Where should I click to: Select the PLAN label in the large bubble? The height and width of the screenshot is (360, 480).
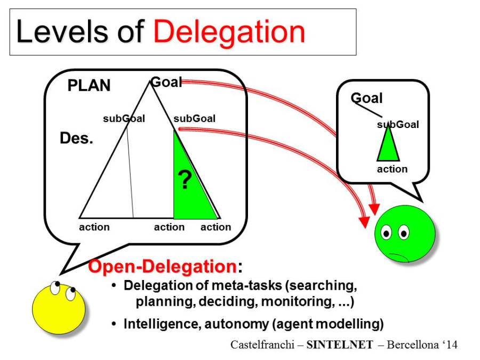(89, 85)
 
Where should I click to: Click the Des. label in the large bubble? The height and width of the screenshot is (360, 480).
(76, 139)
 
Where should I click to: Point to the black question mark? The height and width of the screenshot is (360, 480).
(184, 181)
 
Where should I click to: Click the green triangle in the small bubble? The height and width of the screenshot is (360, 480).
(388, 145)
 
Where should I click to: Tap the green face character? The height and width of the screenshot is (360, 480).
(405, 237)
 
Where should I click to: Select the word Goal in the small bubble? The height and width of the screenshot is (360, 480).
(367, 98)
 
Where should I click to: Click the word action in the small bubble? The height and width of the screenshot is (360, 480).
(392, 169)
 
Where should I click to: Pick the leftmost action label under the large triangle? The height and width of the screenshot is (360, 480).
(94, 227)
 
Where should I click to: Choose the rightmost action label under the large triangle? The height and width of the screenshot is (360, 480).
(215, 227)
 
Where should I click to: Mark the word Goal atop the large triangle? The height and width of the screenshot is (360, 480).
(166, 82)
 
